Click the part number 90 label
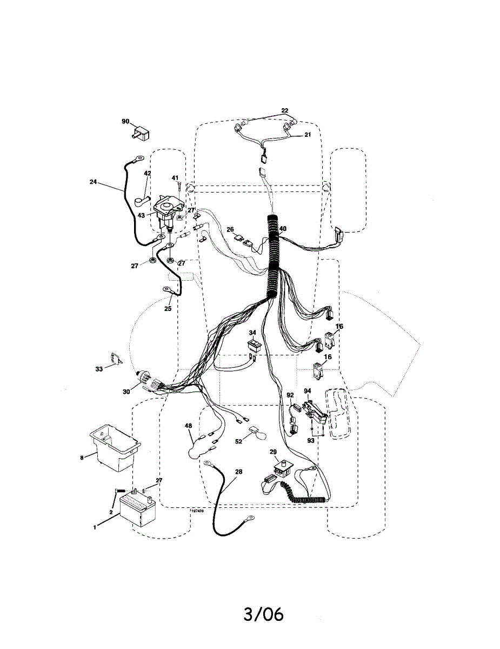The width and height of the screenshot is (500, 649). coord(125,121)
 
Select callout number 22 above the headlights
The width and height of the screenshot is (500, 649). coord(285,110)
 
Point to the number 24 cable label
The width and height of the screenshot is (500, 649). coord(93,182)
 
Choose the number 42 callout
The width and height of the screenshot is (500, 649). coord(148,173)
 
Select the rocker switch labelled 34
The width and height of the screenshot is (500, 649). coord(254,345)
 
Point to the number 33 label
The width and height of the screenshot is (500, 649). coord(99,369)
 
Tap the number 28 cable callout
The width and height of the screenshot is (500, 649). coord(238,472)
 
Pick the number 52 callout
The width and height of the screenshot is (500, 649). coord(238,441)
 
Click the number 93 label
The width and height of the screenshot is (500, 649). coord(311,441)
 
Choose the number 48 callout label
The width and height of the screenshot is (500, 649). coord(188,426)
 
